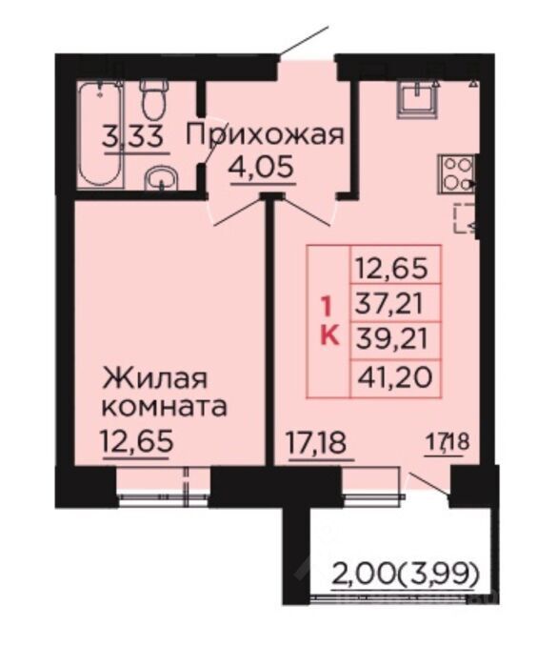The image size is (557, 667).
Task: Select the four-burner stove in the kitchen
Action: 456,174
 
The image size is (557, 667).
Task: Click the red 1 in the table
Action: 327,307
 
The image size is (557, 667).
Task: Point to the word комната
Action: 165,408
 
